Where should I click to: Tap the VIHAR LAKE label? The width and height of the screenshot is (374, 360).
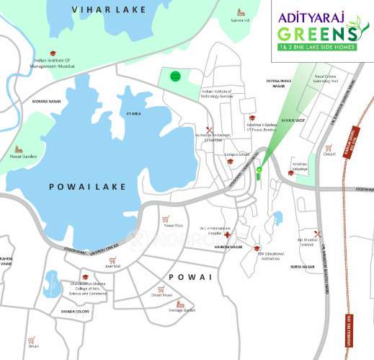tap(109, 9)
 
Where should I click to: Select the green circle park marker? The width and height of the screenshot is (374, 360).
tap(174, 76)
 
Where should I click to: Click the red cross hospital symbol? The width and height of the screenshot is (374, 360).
tap(228, 235)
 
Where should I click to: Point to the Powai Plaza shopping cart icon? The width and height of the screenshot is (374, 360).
tap(164, 219)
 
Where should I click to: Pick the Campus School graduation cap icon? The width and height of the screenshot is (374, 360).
tap(229, 162)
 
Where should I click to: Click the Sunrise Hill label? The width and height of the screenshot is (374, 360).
tap(240, 20)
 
